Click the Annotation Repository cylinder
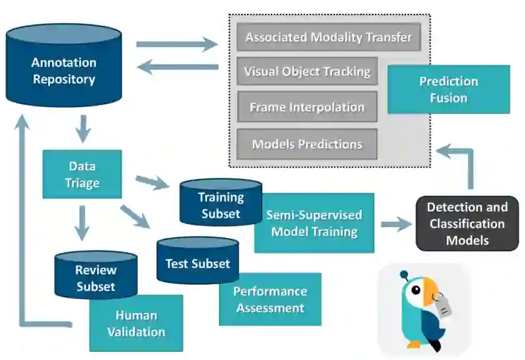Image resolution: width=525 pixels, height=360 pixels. (64, 65)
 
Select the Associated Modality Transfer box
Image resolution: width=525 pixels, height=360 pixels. (329, 37)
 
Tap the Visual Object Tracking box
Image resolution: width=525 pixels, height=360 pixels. (307, 71)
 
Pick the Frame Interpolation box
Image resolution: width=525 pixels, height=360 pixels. (307, 107)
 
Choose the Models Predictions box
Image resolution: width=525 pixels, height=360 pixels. (307, 144)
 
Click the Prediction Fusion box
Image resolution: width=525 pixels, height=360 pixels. (449, 90)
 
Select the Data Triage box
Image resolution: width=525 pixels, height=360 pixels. (82, 174)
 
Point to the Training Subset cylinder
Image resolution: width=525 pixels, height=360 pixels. (221, 202)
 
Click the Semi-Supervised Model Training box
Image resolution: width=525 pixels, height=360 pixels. (314, 223)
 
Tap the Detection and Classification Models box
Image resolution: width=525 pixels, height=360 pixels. (467, 224)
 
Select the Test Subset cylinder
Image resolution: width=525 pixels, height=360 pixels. (198, 261)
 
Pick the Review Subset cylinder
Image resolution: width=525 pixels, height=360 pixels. (96, 275)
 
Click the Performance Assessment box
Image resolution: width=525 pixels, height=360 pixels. (270, 299)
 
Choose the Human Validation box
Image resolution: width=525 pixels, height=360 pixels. (136, 323)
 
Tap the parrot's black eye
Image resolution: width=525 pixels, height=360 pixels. (416, 290)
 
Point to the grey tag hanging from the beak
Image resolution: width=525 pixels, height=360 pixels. (443, 305)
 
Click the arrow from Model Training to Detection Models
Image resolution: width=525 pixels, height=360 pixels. (397, 224)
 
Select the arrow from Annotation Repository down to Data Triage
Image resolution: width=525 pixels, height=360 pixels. (83, 129)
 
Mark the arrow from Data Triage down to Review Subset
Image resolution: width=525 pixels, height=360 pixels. (82, 223)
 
